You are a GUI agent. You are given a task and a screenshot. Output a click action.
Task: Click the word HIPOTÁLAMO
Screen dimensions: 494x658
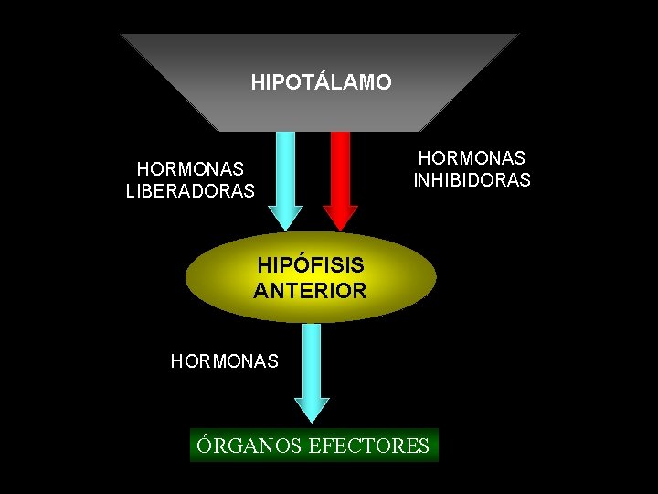(x=321, y=82)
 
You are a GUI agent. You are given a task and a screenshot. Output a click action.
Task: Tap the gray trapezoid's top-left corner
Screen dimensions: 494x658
(x=122, y=35)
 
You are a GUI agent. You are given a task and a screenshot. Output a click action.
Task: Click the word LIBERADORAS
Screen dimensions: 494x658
(x=190, y=191)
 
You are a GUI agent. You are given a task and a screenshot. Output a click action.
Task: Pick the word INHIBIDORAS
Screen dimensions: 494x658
(x=472, y=180)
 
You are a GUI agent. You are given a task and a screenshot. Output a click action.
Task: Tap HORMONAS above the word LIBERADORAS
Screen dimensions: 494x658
(x=190, y=169)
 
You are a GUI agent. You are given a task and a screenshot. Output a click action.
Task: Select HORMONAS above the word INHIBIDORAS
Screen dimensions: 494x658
(x=472, y=158)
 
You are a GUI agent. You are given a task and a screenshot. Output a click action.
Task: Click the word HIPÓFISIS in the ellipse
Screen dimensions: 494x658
(x=311, y=265)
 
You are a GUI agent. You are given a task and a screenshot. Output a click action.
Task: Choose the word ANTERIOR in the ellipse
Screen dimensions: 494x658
(x=311, y=291)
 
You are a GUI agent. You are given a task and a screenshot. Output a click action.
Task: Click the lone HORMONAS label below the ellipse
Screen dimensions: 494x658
(x=225, y=361)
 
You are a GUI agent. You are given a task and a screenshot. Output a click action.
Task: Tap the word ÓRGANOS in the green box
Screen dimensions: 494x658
(x=250, y=446)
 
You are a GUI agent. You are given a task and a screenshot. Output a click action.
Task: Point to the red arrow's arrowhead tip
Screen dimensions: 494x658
(x=341, y=229)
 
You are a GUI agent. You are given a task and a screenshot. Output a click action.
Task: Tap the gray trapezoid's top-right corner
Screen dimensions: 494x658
(x=517, y=35)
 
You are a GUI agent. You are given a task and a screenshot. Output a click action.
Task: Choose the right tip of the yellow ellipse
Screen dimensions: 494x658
(x=436, y=277)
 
